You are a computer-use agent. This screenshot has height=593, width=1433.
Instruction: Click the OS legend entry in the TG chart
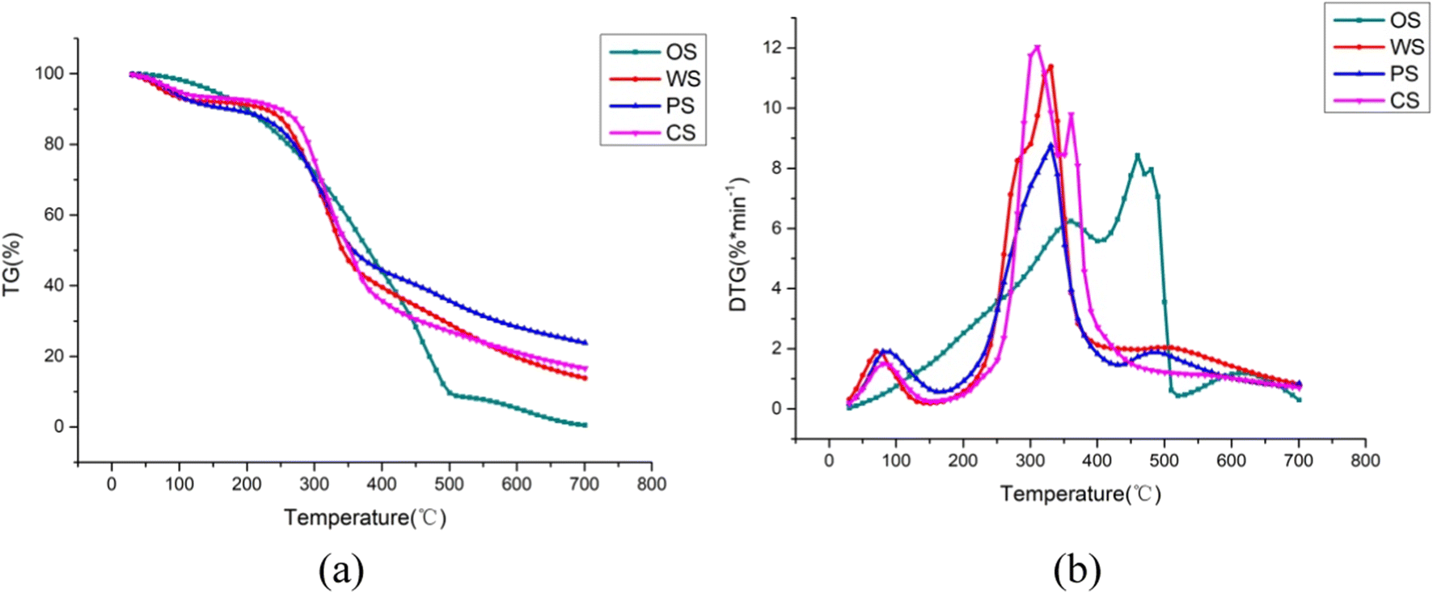pyautogui.click(x=653, y=52)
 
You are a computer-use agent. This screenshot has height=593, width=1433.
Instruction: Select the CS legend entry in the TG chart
pyautogui.click(x=653, y=133)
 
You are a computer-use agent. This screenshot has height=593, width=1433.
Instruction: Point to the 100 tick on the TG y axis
pyautogui.click(x=49, y=74)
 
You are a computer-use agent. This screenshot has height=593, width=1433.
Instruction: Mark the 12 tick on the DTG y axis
pyautogui.click(x=771, y=48)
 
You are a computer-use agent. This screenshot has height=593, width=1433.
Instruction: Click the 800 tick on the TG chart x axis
pyautogui.click(x=651, y=484)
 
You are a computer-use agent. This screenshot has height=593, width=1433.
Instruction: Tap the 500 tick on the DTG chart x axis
pyautogui.click(x=1165, y=460)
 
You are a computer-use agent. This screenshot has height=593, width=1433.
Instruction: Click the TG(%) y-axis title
pyautogui.click(x=12, y=265)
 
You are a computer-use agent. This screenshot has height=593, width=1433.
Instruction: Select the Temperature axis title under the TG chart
pyautogui.click(x=365, y=518)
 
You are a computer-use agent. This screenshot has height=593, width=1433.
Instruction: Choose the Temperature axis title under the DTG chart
pyautogui.click(x=1080, y=493)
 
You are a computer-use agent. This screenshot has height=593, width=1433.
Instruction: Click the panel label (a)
pyautogui.click(x=341, y=570)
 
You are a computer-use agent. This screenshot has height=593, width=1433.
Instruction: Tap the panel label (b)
pyautogui.click(x=1077, y=570)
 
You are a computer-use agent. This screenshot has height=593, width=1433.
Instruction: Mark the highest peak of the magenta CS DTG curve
pyautogui.click(x=1037, y=47)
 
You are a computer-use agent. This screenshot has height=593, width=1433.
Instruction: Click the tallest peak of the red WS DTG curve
pyautogui.click(x=1050, y=66)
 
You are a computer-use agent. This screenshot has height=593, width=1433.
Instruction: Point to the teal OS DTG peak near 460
pyautogui.click(x=1137, y=155)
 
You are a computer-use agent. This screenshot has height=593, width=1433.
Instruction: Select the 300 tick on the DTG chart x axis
pyautogui.click(x=1030, y=460)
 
